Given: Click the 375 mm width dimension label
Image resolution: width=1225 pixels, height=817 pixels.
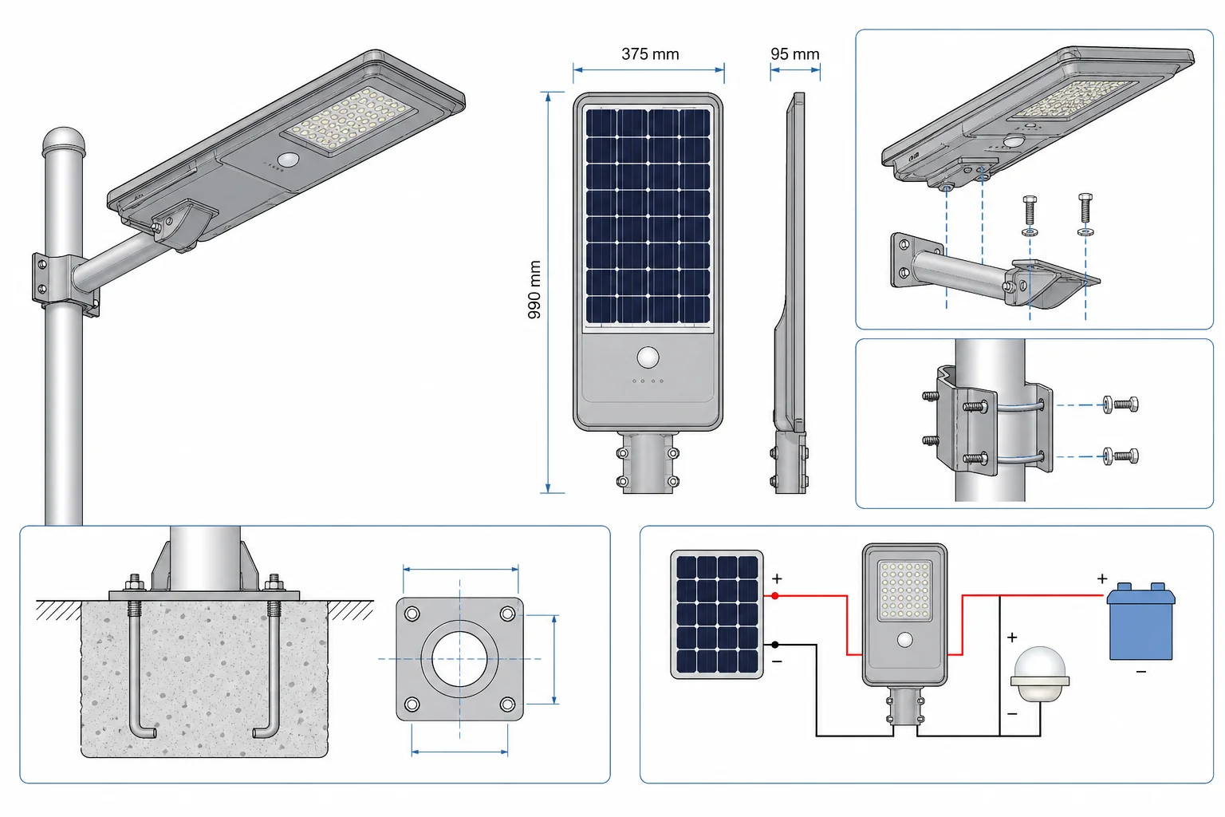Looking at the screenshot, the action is click(650, 54).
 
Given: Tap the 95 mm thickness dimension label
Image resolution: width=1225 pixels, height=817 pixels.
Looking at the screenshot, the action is click(794, 54).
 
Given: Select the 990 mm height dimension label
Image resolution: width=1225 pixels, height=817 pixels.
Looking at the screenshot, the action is click(534, 290).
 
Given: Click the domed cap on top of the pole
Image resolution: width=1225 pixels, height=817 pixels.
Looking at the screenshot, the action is click(64, 141).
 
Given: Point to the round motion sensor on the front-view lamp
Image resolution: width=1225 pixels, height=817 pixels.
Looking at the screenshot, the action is click(648, 357).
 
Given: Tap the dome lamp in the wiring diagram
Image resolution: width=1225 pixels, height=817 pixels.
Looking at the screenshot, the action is click(1039, 674).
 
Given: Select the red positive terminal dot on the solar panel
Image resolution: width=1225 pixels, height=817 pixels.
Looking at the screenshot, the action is click(775, 595).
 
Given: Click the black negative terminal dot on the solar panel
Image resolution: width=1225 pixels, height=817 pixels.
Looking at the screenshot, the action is click(775, 645).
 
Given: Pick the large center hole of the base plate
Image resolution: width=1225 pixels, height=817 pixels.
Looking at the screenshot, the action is click(459, 659).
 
